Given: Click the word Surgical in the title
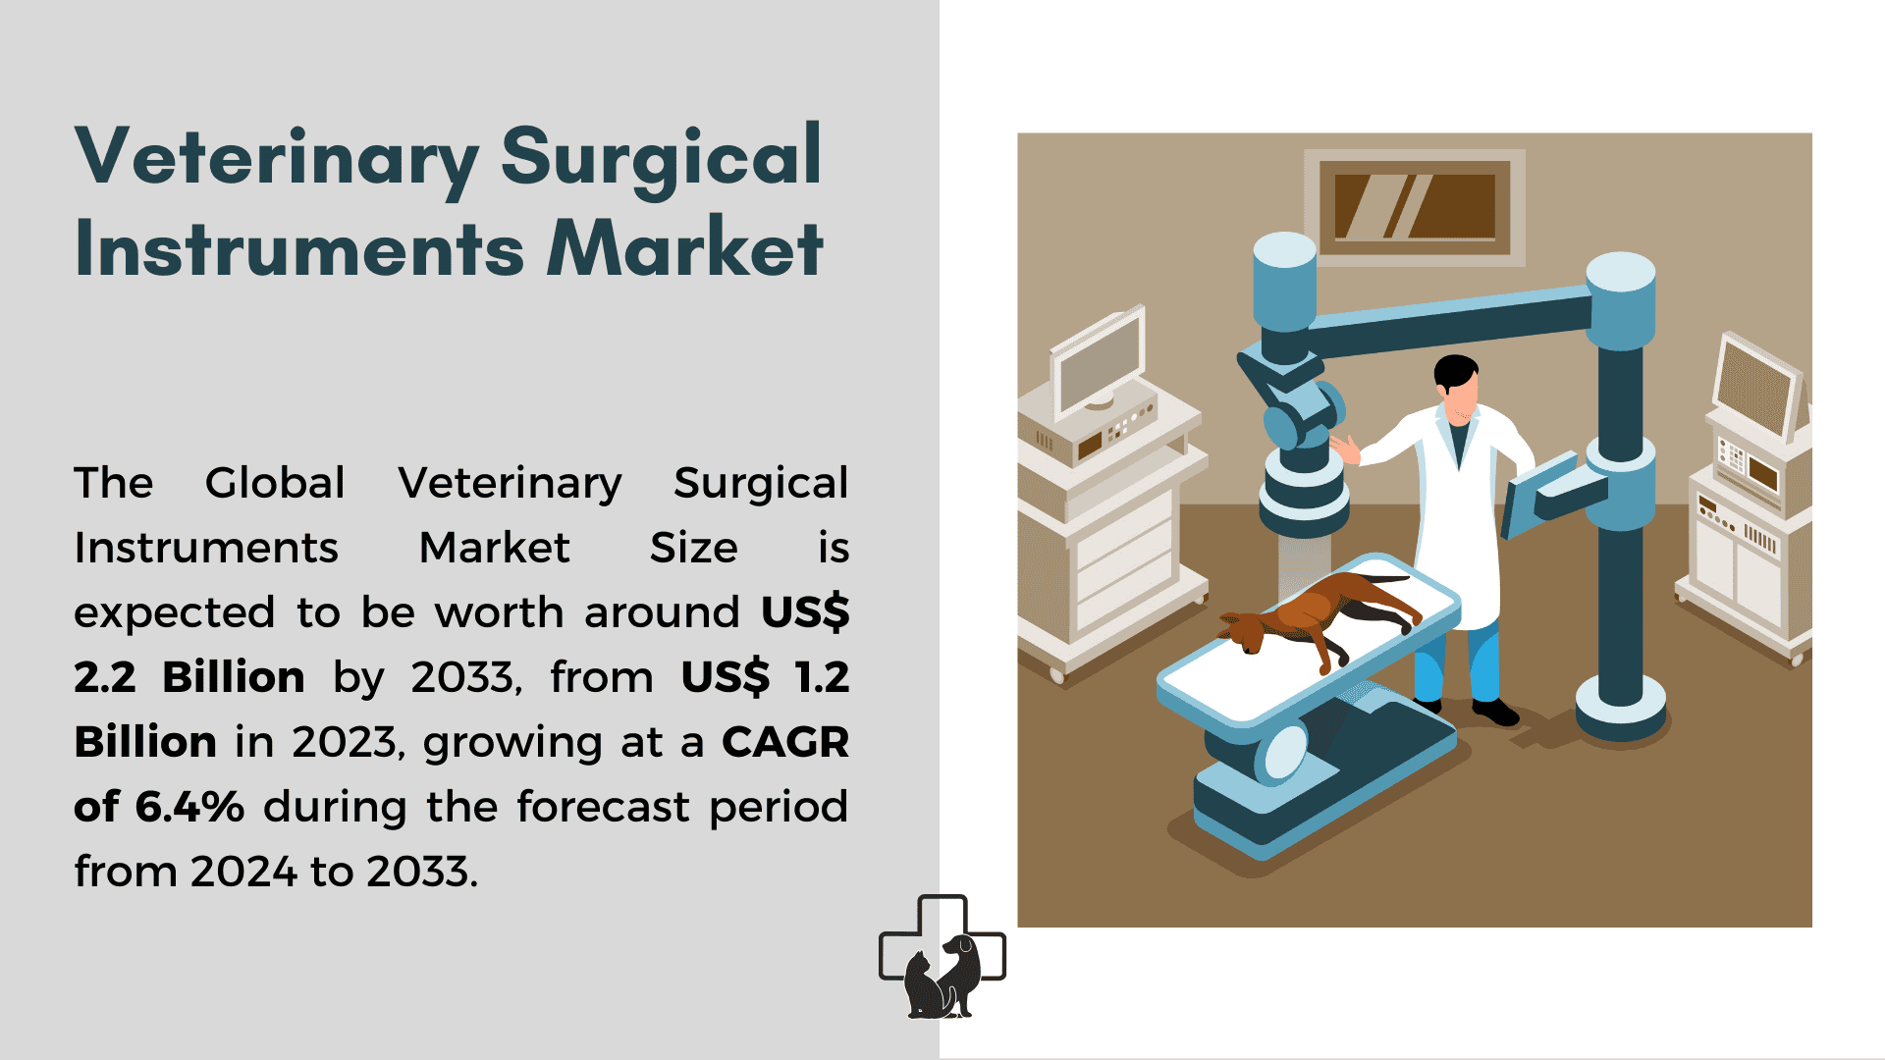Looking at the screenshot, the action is pos(661,157).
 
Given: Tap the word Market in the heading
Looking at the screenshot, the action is pos(684,247).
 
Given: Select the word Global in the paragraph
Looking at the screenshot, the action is pos(275,483).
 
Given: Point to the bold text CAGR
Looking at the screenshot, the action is pos(785,742).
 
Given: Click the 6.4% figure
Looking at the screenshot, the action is pos(189,807).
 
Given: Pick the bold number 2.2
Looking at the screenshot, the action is pos(105,677).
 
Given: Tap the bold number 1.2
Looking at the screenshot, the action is pos(822,677).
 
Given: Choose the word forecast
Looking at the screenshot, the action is pos(604,807).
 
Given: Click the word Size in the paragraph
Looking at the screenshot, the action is pos(693,548).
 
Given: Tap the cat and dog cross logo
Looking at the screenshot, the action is pos(942,957).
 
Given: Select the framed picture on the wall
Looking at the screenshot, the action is pos(1415,208).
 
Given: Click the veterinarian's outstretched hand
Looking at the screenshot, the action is pos(1345,449).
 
